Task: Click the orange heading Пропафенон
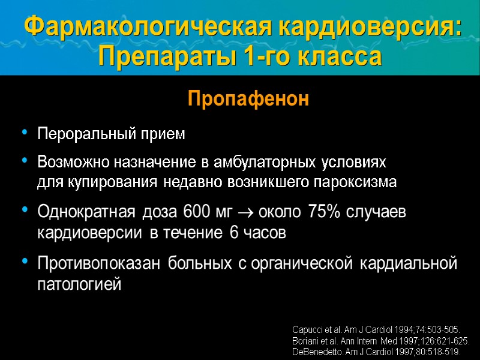pyautogui.click(x=248, y=99)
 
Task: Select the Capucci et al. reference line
pyautogui.click(x=376, y=330)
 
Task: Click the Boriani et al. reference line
pyautogui.click(x=380, y=341)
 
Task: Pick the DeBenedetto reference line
pyautogui.click(x=376, y=352)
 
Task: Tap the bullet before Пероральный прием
pyautogui.click(x=25, y=133)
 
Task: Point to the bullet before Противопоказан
pyautogui.click(x=25, y=261)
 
